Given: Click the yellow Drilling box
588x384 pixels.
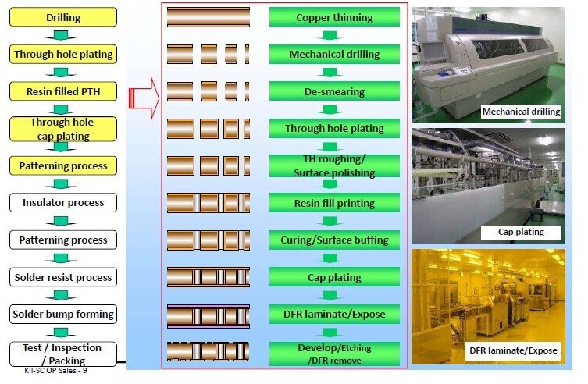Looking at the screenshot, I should pyautogui.click(x=63, y=17).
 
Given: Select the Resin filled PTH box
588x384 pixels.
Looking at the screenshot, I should pyautogui.click(x=63, y=92).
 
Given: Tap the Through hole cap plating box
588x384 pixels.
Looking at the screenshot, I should pyautogui.click(x=63, y=129).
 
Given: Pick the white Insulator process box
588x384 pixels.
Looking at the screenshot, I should pyautogui.click(x=63, y=203).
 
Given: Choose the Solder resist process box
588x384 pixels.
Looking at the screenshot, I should pyautogui.click(x=63, y=277).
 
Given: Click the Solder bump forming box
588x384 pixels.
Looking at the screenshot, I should pyautogui.click(x=63, y=314).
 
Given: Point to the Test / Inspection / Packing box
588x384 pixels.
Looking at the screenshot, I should pyautogui.click(x=63, y=354).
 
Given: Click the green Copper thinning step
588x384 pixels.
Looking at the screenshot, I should pyautogui.click(x=334, y=17).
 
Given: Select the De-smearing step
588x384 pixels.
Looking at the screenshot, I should pyautogui.click(x=334, y=92).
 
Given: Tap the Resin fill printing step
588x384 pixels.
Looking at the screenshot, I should pyautogui.click(x=334, y=203).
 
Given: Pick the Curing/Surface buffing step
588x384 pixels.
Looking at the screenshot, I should pyautogui.click(x=334, y=240).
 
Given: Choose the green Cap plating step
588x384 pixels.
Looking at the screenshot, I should pyautogui.click(x=334, y=277).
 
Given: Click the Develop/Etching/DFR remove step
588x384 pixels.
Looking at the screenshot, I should pyautogui.click(x=334, y=353).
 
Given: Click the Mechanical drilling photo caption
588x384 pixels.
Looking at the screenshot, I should pyautogui.click(x=521, y=112).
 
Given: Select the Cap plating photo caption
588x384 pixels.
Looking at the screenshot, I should pyautogui.click(x=521, y=232).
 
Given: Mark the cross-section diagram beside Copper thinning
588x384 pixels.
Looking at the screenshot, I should pyautogui.click(x=208, y=17).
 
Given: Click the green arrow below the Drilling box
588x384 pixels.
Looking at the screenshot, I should pyautogui.click(x=63, y=36).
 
